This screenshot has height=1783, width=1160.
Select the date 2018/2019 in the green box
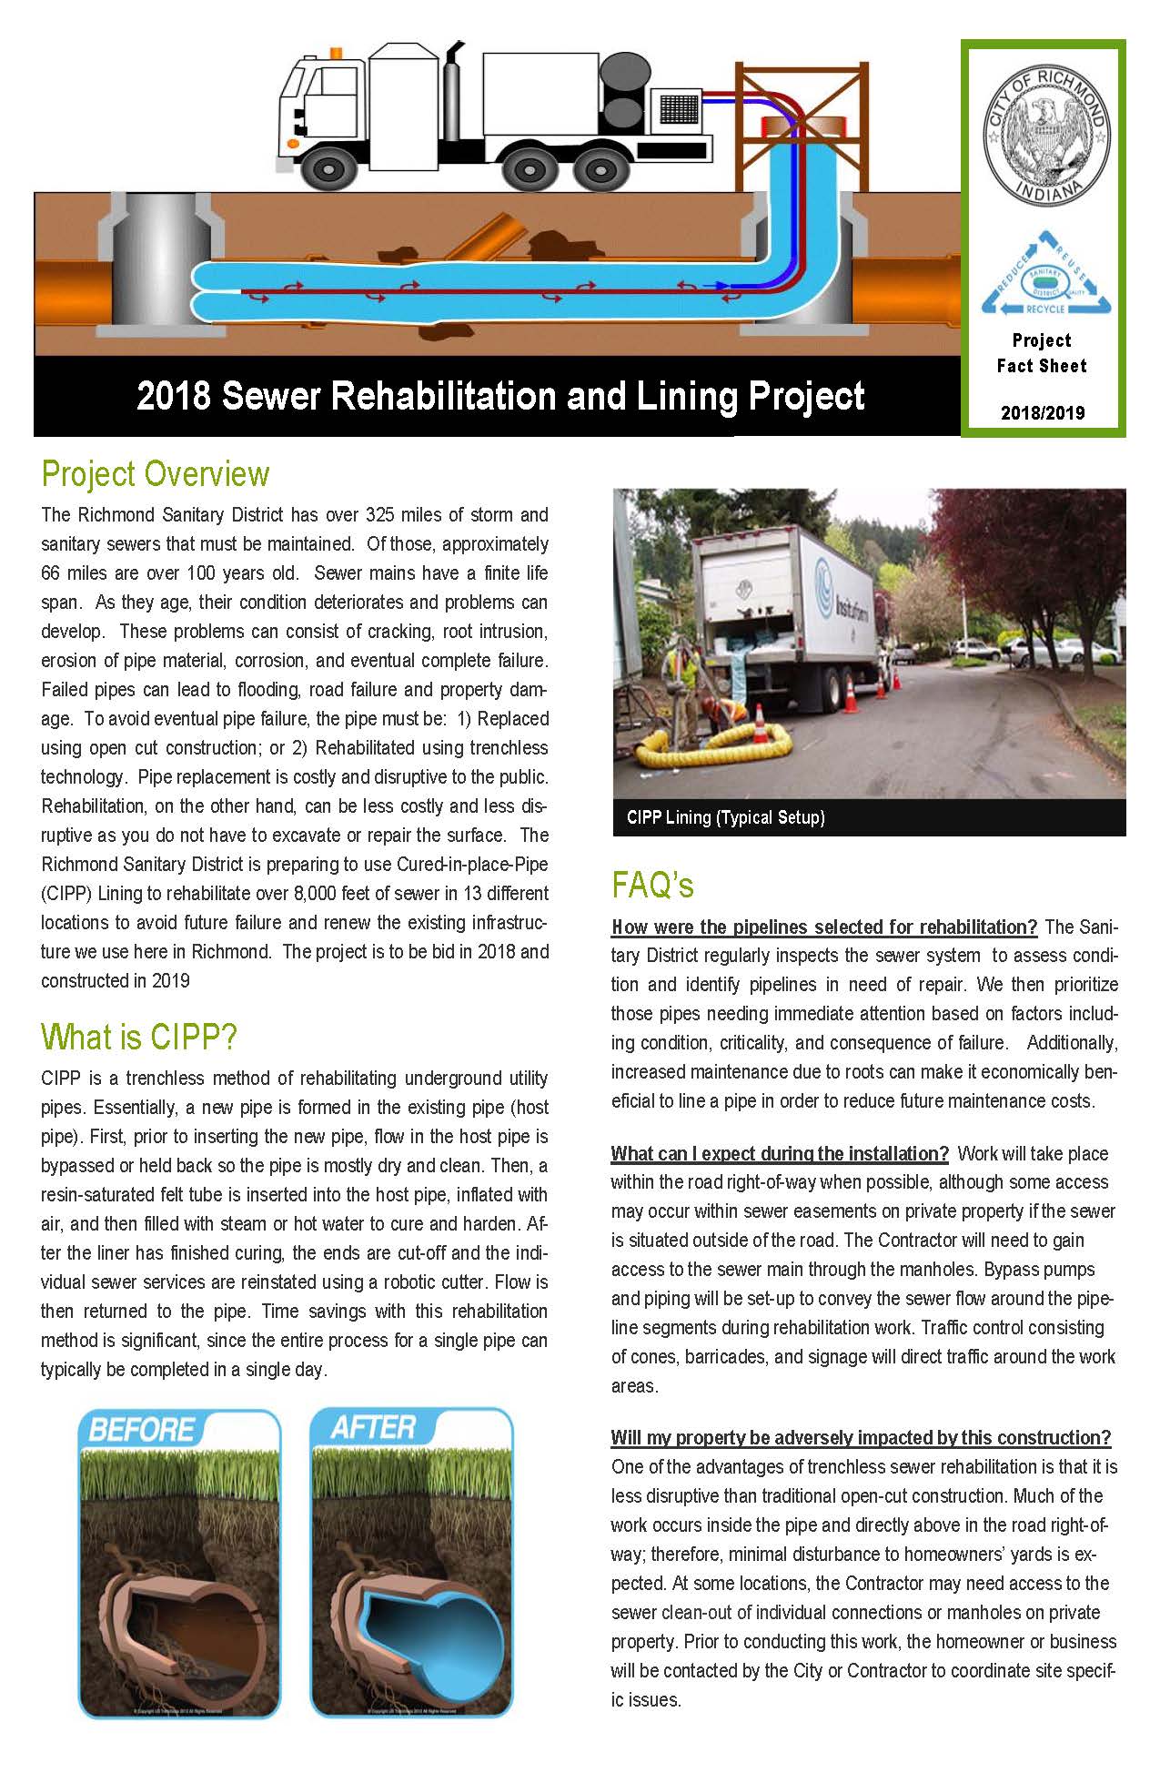1043,412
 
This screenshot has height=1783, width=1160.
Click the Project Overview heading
156,474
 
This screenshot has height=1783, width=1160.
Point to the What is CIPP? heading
139,1037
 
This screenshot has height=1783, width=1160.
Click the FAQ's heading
652,885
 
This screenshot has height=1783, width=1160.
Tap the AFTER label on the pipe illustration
373,1427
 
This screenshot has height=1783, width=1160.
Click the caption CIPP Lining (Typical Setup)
725,817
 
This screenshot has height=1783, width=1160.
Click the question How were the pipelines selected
824,927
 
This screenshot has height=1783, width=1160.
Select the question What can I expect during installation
780,1153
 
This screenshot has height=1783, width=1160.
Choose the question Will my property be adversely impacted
861,1437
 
